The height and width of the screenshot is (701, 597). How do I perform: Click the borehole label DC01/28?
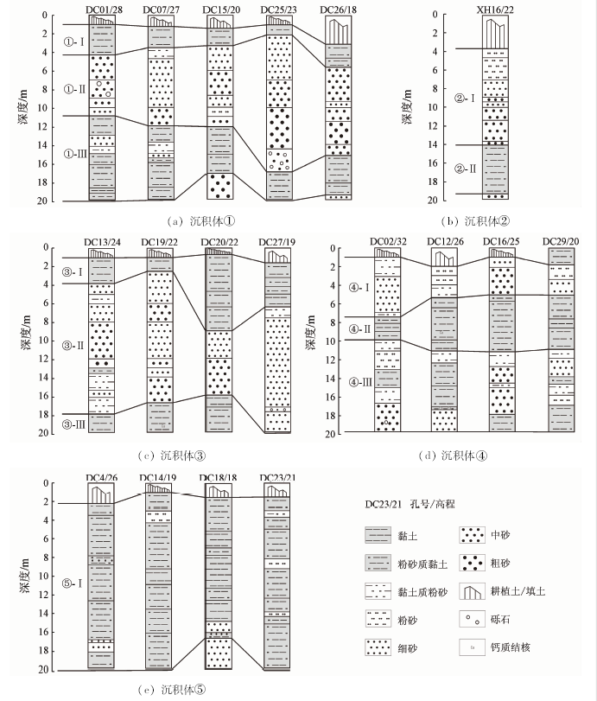(105, 10)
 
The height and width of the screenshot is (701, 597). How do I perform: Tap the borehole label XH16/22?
(495, 10)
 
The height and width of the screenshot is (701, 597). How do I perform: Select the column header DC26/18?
(339, 10)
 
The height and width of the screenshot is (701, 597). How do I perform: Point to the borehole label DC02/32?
(388, 241)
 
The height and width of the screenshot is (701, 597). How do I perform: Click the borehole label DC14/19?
(158, 477)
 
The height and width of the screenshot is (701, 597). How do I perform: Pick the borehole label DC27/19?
(277, 242)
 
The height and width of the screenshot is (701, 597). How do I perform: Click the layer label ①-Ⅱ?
(74, 89)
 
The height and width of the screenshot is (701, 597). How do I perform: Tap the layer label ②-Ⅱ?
(466, 169)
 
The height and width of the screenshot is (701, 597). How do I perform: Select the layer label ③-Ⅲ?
(73, 424)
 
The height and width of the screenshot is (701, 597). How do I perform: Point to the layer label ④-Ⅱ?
(359, 329)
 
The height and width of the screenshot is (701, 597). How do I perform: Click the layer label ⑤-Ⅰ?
(72, 583)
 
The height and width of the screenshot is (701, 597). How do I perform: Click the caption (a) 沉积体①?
(200, 221)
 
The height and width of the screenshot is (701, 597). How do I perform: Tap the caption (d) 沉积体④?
(453, 456)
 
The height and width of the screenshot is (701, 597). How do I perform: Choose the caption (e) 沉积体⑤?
(172, 690)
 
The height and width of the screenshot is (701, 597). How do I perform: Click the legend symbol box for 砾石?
(472, 620)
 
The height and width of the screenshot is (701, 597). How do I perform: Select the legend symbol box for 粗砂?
(472, 563)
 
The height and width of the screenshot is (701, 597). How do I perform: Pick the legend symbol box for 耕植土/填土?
(472, 591)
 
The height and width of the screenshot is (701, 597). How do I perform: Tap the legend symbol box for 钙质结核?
(472, 647)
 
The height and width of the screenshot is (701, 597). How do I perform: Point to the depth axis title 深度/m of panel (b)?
(407, 107)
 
